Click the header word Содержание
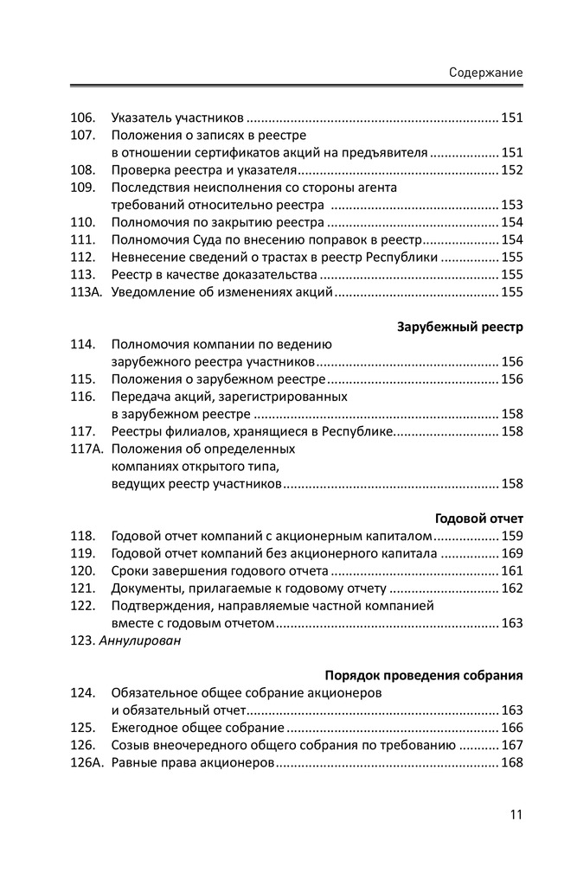coord(485,73)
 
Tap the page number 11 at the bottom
coord(516,813)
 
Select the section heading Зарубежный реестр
coord(460,328)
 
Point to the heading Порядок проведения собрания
coord(424,675)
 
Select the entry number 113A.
coord(87,292)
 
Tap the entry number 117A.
coord(87,449)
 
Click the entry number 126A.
coord(87,763)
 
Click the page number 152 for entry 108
coord(512,170)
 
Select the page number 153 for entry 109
coord(512,205)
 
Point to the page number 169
coord(512,553)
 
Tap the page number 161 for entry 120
coord(512,571)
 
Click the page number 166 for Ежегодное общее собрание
coord(512,728)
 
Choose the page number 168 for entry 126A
coord(512,763)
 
